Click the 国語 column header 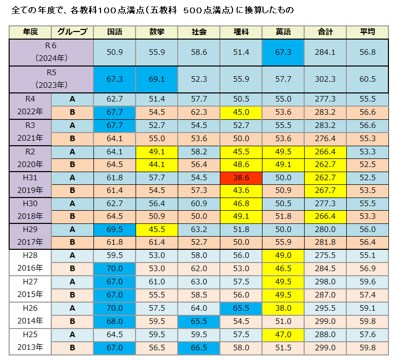(x=114, y=32)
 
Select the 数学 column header (x=156, y=32)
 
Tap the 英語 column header (x=282, y=32)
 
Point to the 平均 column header (x=367, y=32)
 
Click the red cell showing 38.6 (x=240, y=177)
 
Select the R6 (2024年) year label (x=51, y=52)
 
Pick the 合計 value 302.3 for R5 (x=325, y=79)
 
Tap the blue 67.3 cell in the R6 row (x=282, y=52)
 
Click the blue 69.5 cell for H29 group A (x=115, y=230)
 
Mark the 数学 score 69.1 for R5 (x=156, y=79)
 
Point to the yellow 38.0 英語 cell (x=282, y=308)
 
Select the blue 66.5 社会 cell (x=199, y=347)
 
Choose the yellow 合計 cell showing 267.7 (x=325, y=190)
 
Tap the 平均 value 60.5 (x=367, y=79)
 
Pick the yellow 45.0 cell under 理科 (x=240, y=112)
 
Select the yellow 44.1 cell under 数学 (x=156, y=164)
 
